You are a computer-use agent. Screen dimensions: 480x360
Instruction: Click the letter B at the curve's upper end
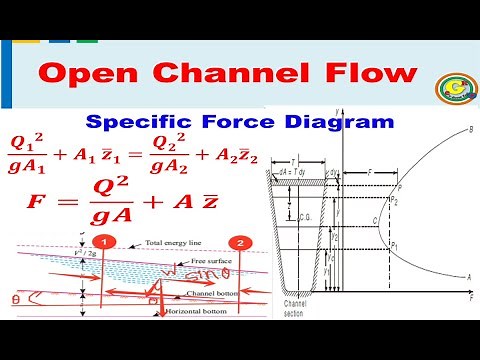click(470, 130)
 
